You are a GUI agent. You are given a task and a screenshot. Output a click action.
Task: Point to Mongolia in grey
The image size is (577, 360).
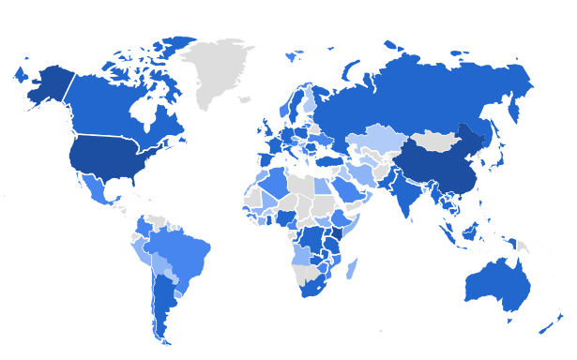click(x=435, y=142)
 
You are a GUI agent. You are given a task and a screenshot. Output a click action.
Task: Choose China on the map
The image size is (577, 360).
click(x=436, y=169)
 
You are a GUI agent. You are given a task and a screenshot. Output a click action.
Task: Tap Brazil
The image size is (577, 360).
click(x=183, y=252)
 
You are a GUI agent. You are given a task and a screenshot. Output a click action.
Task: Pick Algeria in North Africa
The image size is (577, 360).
click(x=281, y=182)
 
